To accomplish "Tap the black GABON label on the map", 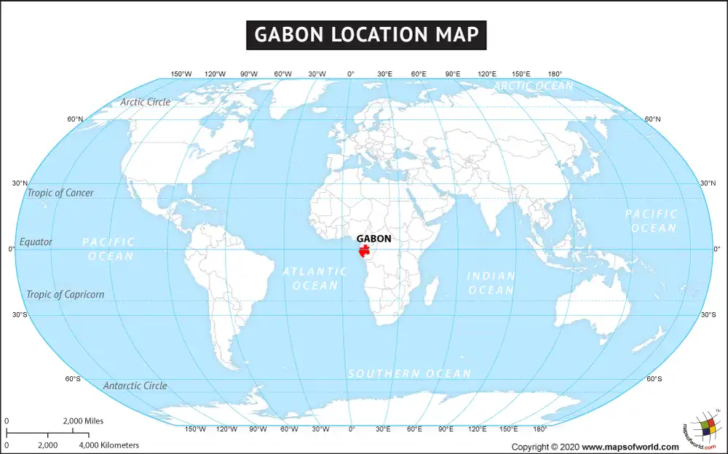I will click(x=373, y=239).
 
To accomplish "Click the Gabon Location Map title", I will click(x=365, y=34).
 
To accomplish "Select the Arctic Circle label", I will click(x=146, y=102).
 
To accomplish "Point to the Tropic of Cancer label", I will click(x=60, y=193).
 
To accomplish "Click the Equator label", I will click(x=36, y=242).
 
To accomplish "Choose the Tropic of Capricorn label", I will click(x=66, y=295).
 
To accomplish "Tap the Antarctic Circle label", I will click(x=135, y=386).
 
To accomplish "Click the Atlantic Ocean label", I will click(x=315, y=278).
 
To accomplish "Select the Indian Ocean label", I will click(x=491, y=283).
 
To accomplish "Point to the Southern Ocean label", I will click(x=409, y=373).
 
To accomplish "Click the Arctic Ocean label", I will click(x=534, y=86).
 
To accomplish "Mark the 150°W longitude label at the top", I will click(x=181, y=74).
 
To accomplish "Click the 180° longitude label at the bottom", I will click(x=540, y=429).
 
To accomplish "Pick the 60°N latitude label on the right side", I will click(x=653, y=119).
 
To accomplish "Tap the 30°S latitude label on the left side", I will click(x=19, y=314).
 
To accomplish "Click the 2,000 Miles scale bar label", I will click(x=84, y=421).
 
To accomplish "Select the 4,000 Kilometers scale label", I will click(x=108, y=445).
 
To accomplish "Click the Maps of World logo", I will click(x=700, y=431).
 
